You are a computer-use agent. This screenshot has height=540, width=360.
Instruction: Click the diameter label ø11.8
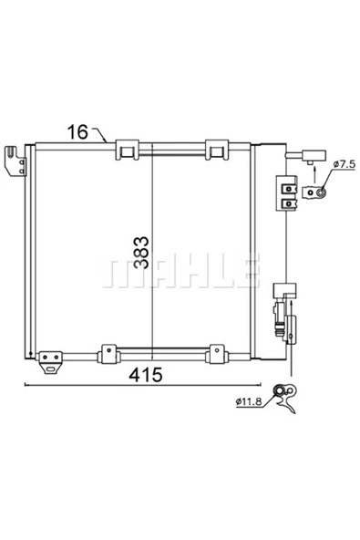(254, 400)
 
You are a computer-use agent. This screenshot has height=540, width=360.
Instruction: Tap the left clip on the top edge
(126, 150)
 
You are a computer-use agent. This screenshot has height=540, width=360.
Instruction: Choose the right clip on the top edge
(215, 150)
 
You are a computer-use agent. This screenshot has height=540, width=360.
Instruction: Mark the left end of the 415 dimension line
(24, 386)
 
